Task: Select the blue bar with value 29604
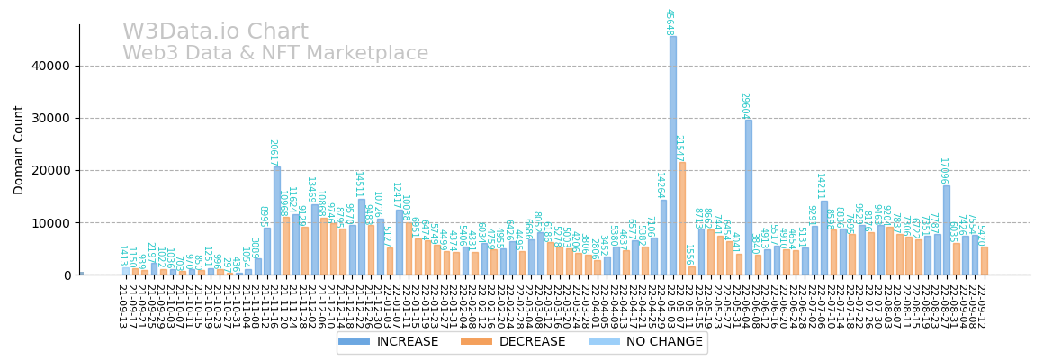pos(748,197)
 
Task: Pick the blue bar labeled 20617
pos(276,220)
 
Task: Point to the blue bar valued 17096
pos(946,229)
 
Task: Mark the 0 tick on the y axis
pos(66,275)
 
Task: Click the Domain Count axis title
pos(19,149)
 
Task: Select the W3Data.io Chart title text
pos(215,32)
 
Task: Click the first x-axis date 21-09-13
pos(122,306)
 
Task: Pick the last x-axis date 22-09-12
pos(982,306)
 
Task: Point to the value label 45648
pos(669,22)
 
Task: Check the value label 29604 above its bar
pos(744,105)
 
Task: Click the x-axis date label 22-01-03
pos(387,306)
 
